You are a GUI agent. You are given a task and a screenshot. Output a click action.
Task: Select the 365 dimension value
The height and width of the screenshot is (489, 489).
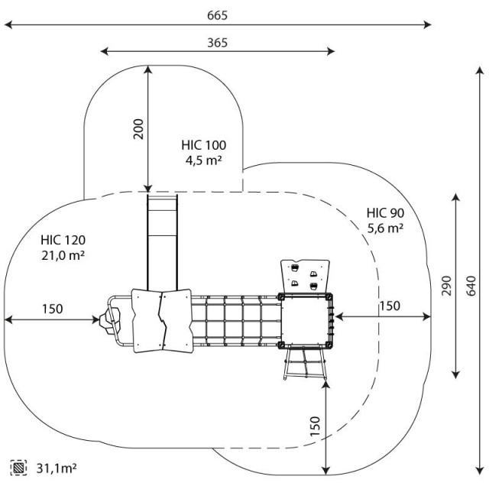point(217,43)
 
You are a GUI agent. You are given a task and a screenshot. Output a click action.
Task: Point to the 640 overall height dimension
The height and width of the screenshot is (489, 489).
point(471,284)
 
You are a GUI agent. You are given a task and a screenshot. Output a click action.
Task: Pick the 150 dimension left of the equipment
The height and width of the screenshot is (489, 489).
point(52,309)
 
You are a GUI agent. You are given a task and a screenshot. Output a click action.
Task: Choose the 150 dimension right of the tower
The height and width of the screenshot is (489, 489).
point(389,306)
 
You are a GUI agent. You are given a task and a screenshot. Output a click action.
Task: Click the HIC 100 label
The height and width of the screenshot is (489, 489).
point(203,144)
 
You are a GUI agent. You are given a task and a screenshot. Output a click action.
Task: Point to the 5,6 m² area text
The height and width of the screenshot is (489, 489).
point(385,228)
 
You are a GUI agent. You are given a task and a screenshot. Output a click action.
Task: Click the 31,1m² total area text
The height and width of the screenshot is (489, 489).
point(57,466)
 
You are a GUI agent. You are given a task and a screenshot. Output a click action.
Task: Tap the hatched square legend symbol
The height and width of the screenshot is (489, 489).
point(19,466)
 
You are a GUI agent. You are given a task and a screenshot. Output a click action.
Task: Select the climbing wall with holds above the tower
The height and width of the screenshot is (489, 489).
point(304,276)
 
